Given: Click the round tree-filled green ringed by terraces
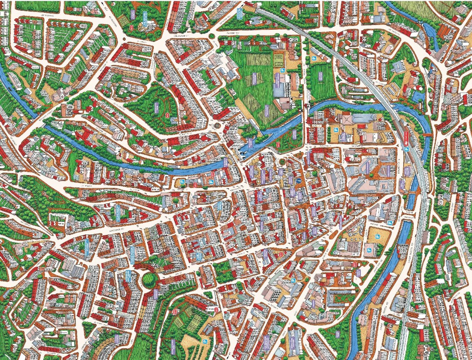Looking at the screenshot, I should (149, 280).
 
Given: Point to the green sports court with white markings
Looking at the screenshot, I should (278, 59).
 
